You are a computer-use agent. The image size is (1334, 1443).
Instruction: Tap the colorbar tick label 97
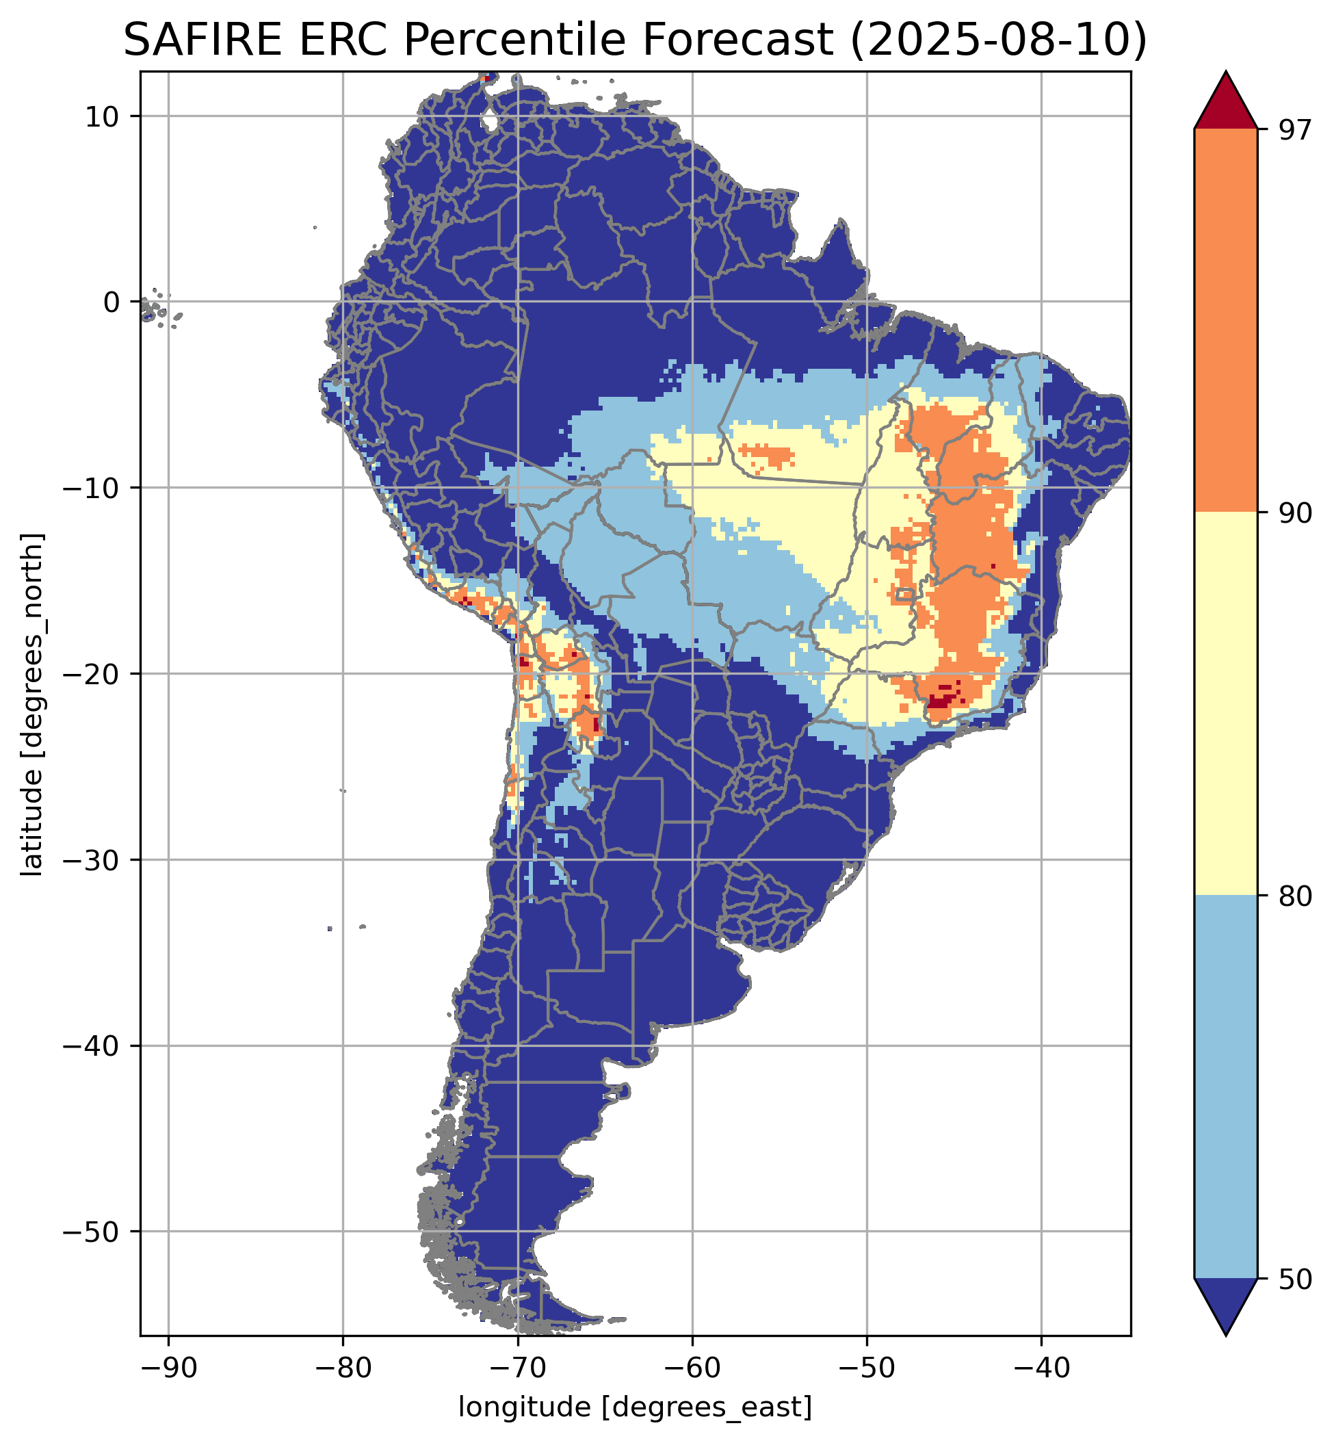1292,130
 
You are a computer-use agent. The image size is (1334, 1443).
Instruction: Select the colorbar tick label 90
1292,513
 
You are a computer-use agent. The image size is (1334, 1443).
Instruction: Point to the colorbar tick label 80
1292,896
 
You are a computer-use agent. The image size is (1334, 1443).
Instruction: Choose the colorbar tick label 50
1292,1280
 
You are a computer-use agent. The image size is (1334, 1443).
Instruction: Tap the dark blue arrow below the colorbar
1226,1305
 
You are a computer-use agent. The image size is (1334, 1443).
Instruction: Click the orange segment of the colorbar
1226,321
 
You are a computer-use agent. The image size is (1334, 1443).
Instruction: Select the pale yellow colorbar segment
1226,705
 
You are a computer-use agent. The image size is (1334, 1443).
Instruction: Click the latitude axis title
32,705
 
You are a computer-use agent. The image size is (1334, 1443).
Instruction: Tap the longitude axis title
636,1407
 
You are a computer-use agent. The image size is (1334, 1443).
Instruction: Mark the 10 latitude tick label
101,116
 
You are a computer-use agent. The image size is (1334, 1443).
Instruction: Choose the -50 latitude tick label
91,1232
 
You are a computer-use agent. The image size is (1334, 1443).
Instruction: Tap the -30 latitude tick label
91,861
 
